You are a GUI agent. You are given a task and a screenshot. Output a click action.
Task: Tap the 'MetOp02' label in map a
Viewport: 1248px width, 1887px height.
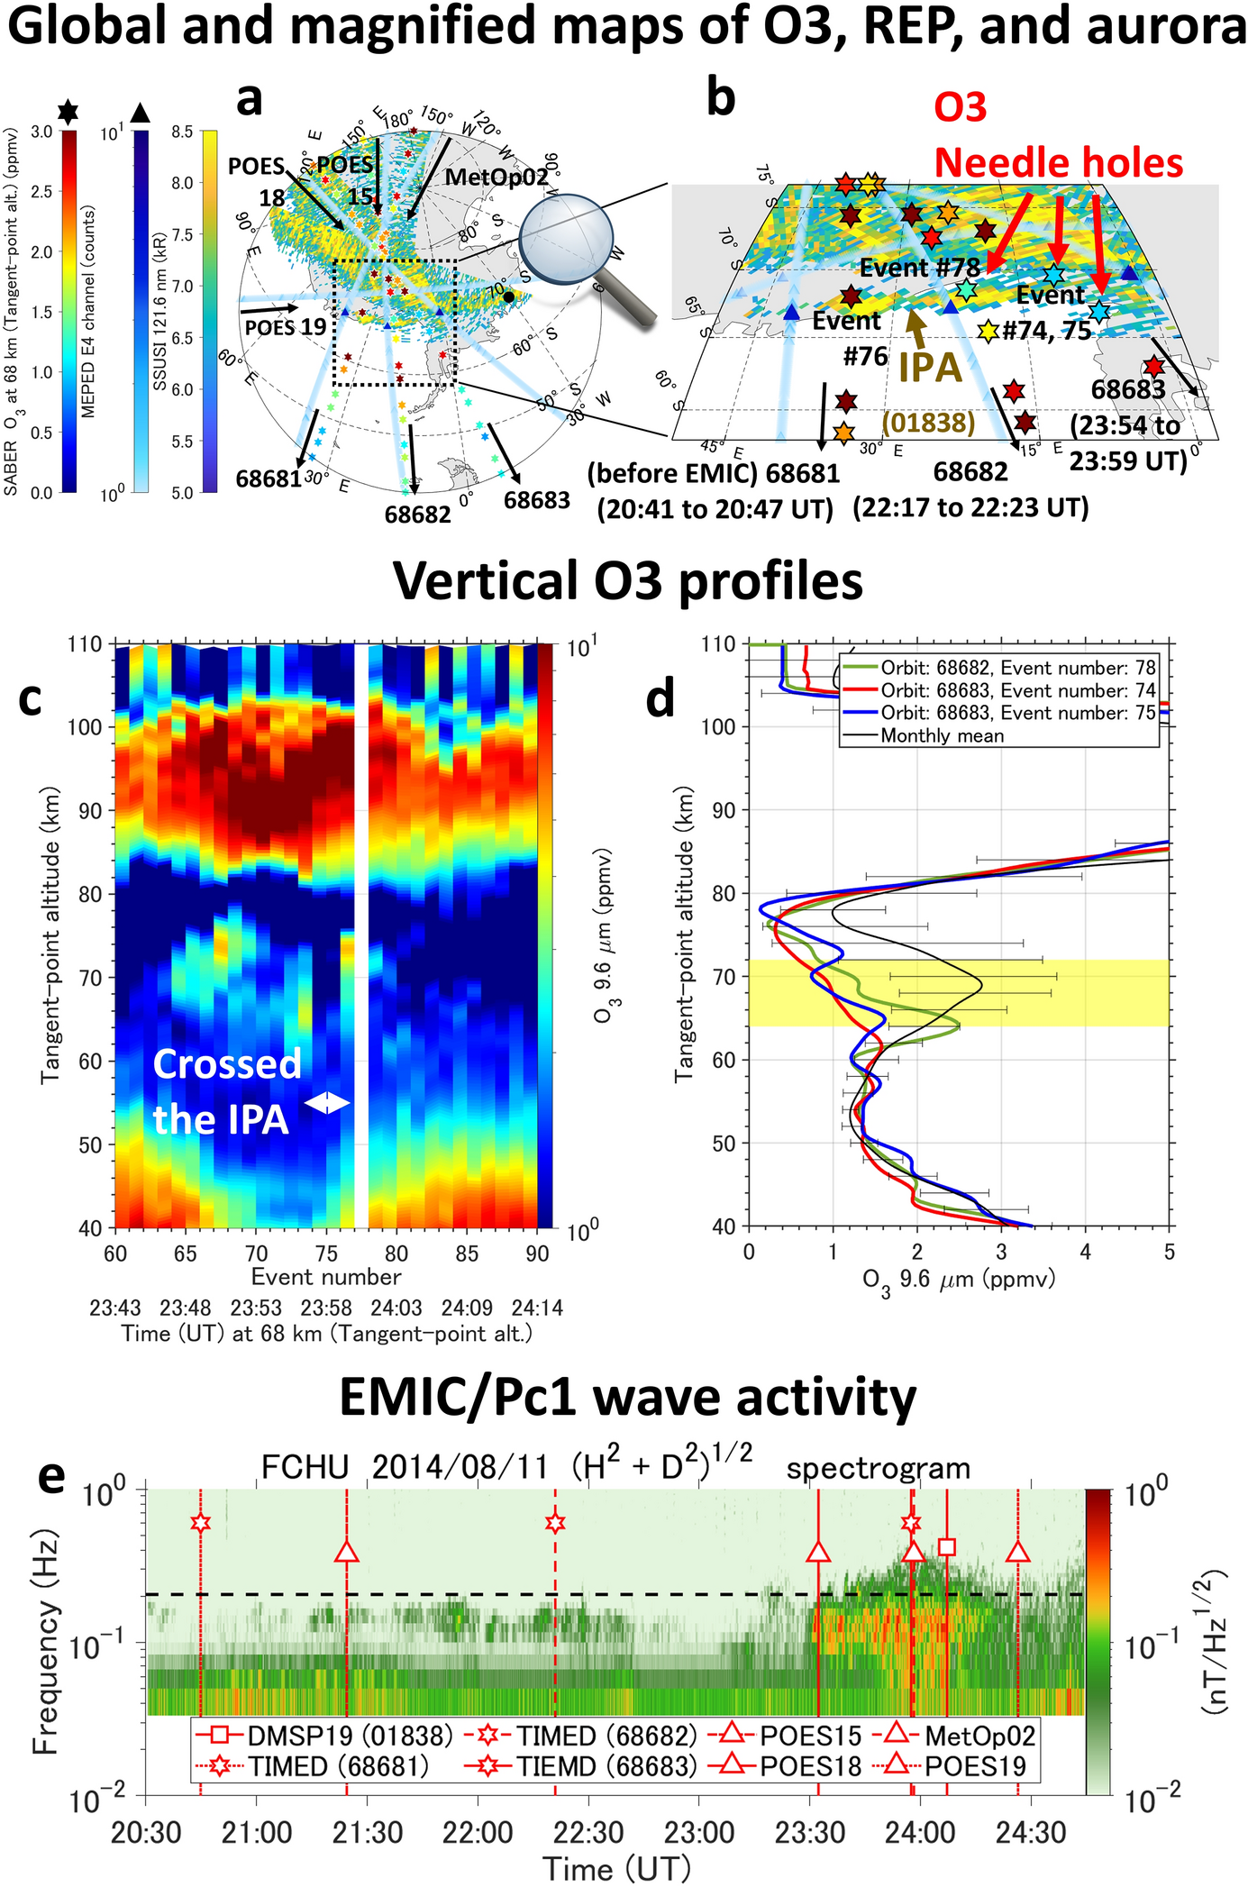tap(496, 178)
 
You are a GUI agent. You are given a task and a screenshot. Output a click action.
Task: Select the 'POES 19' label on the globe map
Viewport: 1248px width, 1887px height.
tap(286, 326)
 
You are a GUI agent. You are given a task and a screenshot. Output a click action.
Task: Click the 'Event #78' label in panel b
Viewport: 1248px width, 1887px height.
tap(919, 268)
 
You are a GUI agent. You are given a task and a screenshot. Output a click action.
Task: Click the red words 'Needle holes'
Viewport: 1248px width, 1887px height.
tap(1058, 163)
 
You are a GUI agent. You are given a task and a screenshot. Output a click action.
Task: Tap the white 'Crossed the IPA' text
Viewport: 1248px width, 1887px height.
tap(226, 1091)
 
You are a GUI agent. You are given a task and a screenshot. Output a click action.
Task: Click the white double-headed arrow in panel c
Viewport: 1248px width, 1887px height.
tap(326, 1103)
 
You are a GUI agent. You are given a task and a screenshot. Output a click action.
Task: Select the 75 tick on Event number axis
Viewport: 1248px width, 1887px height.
tap(326, 1253)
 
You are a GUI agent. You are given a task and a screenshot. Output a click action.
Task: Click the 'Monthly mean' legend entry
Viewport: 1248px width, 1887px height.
tap(942, 735)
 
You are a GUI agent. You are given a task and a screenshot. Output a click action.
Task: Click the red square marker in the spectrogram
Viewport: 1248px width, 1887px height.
tap(946, 1546)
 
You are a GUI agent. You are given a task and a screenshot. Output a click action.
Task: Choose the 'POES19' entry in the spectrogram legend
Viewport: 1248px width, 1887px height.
tap(975, 1766)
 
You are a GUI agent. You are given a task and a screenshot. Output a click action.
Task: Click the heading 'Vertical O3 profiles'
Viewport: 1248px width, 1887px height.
tap(628, 581)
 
